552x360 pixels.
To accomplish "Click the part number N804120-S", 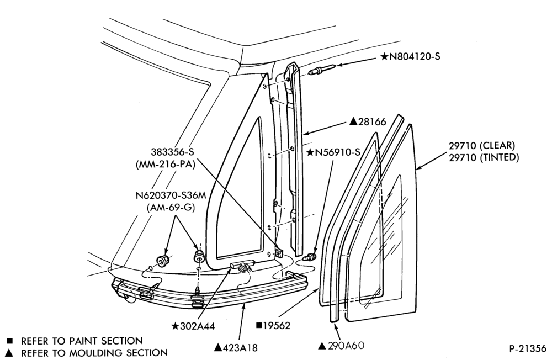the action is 415,56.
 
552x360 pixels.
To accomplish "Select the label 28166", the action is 372,122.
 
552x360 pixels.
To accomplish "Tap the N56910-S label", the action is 338,152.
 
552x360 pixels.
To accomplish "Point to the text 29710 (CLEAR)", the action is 482,145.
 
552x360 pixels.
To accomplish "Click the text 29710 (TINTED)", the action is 484,157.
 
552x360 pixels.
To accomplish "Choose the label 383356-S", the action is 172,152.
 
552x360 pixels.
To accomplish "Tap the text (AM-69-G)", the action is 171,208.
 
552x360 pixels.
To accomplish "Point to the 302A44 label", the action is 198,326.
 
